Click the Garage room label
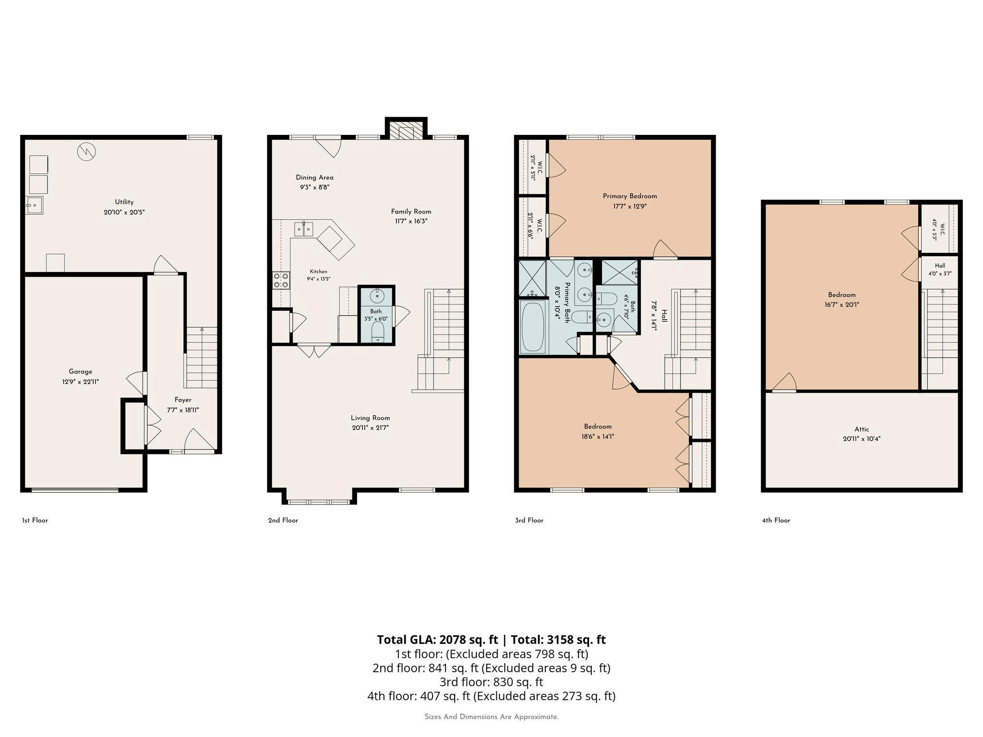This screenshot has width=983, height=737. click(x=81, y=371)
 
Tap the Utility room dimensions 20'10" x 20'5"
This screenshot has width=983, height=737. click(x=124, y=212)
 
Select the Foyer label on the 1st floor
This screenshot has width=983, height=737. click(x=183, y=400)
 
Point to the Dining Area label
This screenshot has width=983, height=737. click(x=314, y=178)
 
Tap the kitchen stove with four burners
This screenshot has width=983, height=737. click(x=281, y=281)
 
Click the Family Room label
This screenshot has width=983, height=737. click(x=411, y=212)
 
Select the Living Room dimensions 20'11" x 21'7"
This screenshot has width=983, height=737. click(x=370, y=428)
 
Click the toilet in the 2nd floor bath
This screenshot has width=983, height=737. click(x=378, y=331)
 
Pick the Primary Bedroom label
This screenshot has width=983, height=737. click(x=630, y=196)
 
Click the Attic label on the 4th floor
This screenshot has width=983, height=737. click(x=862, y=429)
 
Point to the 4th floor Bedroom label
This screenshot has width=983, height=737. click(x=842, y=295)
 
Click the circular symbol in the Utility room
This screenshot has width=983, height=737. click(x=86, y=152)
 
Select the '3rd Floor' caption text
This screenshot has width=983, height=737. click(x=529, y=520)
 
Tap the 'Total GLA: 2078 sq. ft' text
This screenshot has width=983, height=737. click(x=437, y=640)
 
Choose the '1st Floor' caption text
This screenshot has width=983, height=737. click(x=35, y=520)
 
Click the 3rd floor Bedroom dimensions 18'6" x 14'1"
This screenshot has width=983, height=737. click(x=598, y=437)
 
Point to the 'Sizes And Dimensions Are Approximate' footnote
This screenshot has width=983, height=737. click(x=491, y=717)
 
